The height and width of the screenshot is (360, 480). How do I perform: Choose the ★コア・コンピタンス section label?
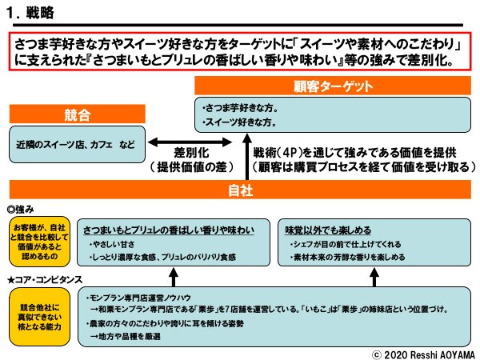coord(43,280)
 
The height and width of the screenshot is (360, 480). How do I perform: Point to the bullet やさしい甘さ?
coord(113,246)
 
